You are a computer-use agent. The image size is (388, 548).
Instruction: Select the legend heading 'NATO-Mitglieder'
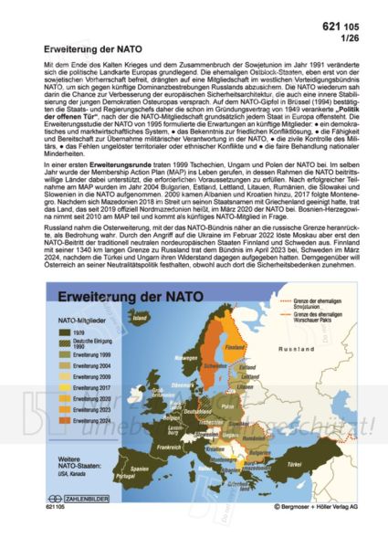click(79, 322)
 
